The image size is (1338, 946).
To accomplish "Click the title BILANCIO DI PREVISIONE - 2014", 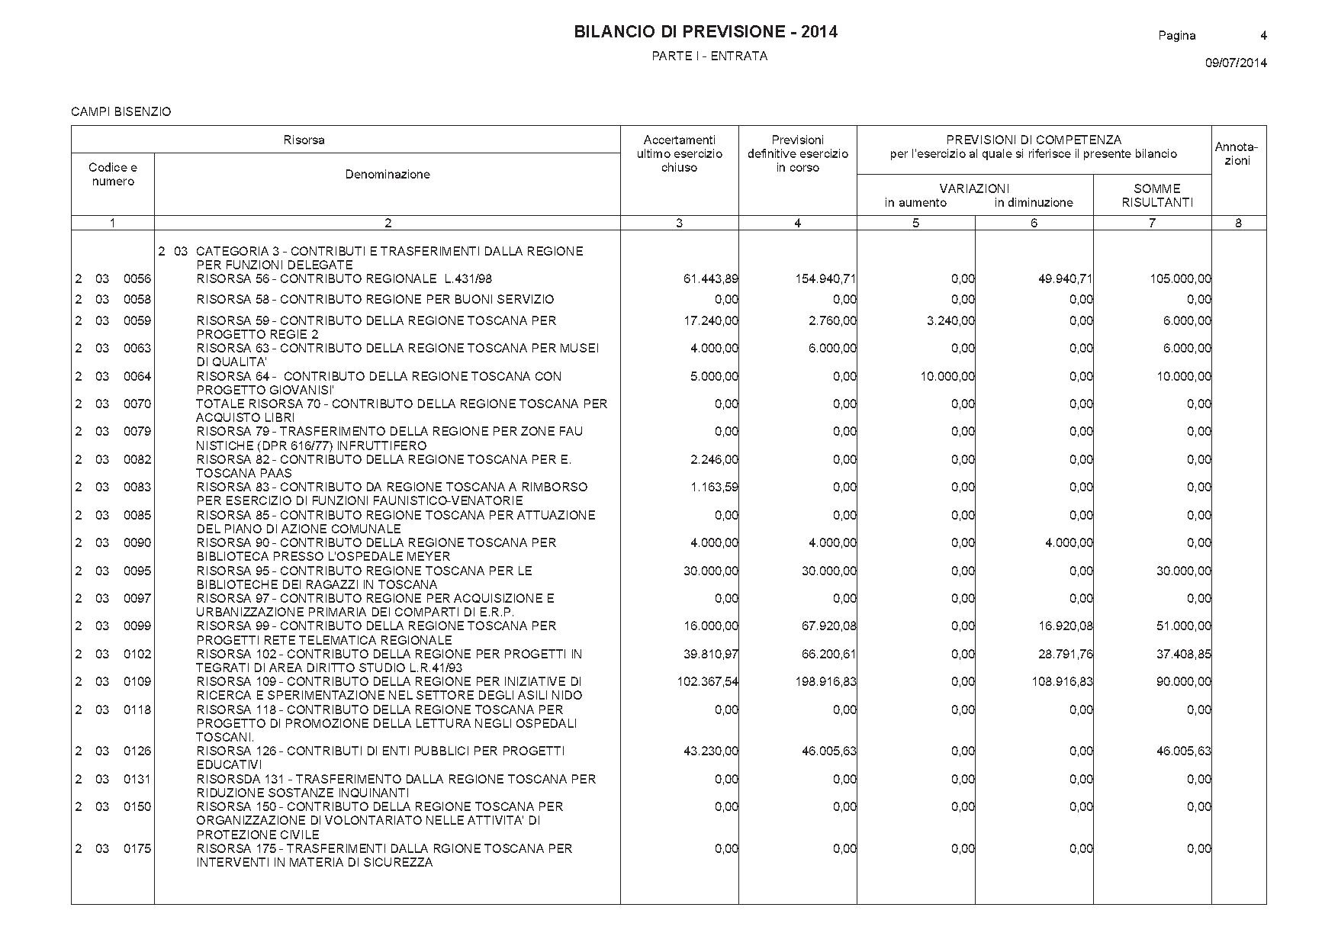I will (705, 32).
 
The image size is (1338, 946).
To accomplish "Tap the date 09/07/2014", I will (1236, 63).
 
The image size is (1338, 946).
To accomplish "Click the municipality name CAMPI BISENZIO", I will (121, 112).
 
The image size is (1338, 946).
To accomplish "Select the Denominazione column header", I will (388, 175).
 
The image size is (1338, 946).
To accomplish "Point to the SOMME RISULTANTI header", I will (1156, 195).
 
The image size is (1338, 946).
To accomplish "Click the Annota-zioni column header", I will (1237, 154).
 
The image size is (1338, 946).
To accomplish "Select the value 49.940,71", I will (1065, 279).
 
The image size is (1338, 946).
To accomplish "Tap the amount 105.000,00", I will (1180, 279).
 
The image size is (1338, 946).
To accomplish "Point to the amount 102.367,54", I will (707, 682).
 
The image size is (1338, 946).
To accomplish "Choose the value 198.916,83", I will (825, 682).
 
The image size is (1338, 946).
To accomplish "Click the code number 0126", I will (137, 751).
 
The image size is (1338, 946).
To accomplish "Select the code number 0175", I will (137, 848).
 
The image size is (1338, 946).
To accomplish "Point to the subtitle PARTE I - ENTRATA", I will (709, 56).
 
